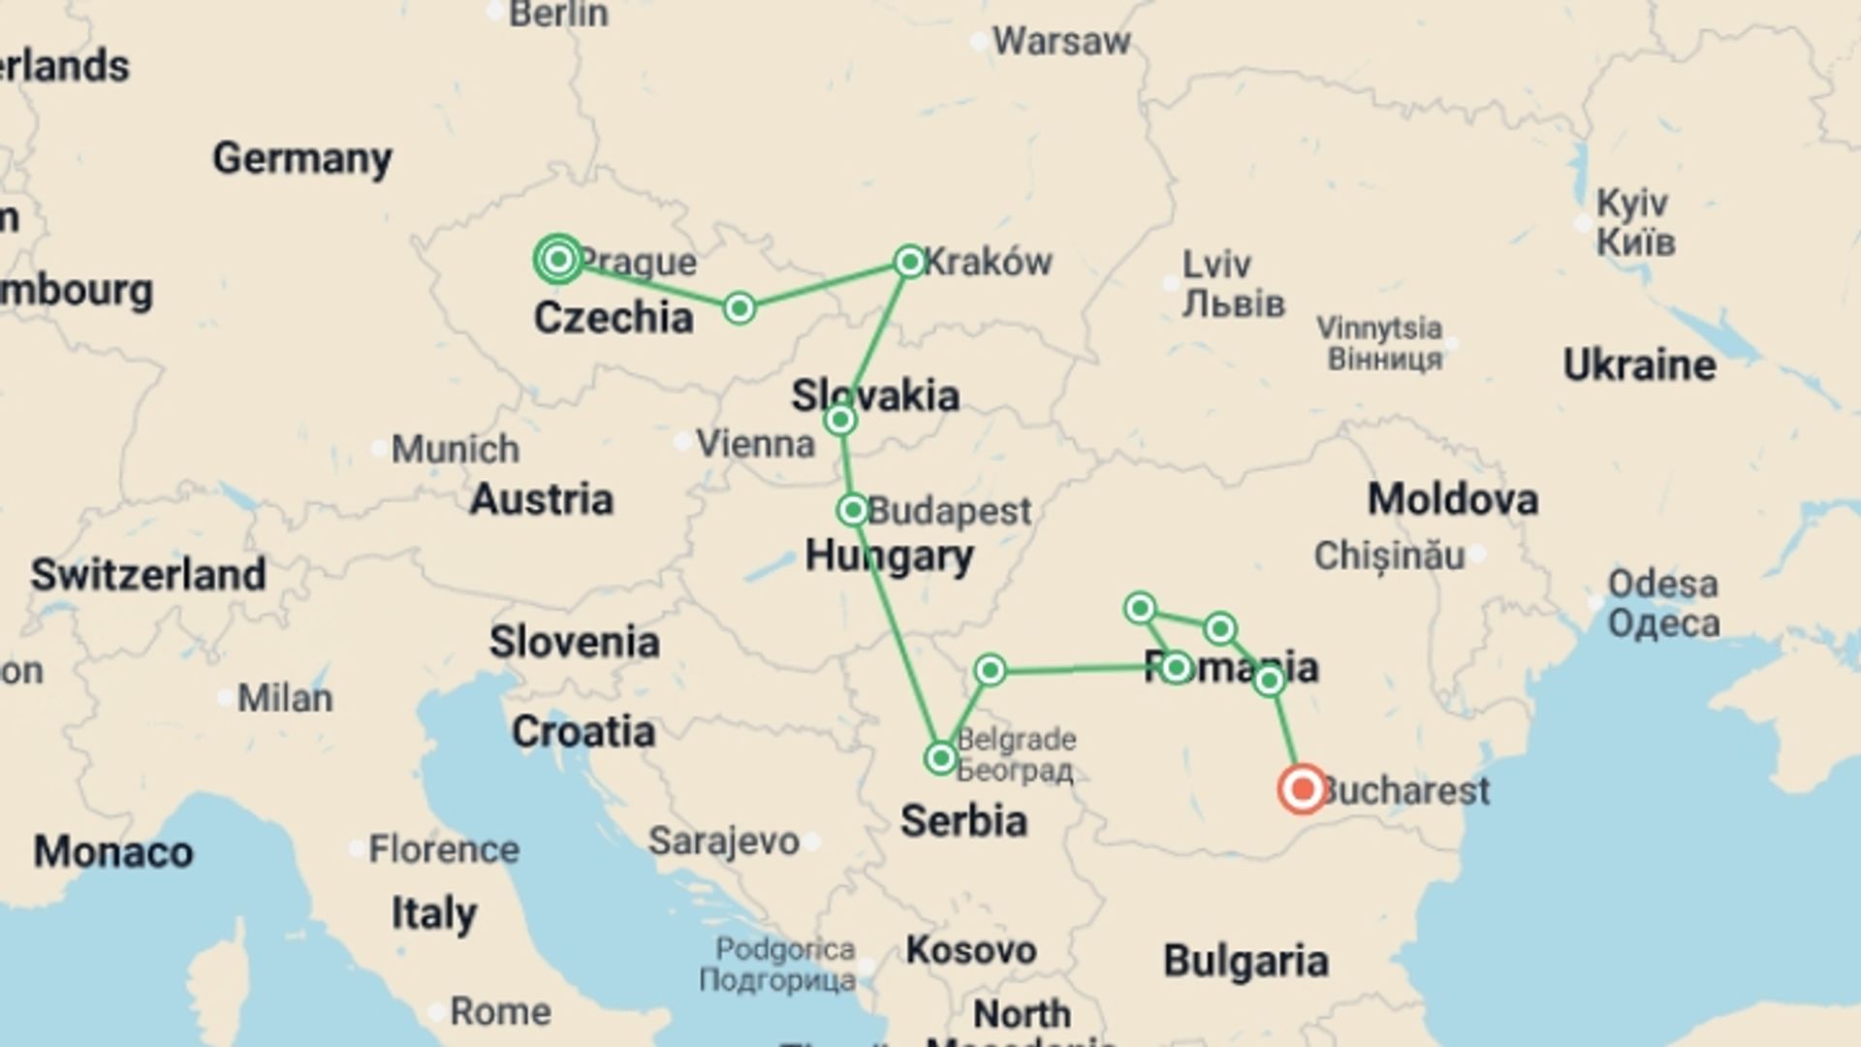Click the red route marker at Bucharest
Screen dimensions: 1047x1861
1302,789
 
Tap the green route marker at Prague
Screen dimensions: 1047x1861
558,259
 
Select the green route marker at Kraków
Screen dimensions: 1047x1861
910,262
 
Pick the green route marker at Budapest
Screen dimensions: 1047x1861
853,510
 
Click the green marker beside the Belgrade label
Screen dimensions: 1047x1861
940,757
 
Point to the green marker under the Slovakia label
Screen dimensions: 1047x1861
840,420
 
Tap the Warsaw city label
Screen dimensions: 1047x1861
1061,42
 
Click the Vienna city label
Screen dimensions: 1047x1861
755,444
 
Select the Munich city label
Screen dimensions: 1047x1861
456,449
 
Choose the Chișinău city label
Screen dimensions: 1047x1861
1389,555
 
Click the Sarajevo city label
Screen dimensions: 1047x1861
723,841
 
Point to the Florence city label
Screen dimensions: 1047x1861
444,849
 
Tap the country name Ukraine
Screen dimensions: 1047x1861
1639,365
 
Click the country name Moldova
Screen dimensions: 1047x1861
1452,499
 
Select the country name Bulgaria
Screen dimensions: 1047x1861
1246,961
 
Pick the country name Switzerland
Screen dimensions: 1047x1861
148,575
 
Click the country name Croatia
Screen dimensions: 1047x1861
584,732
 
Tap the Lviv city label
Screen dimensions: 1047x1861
1216,264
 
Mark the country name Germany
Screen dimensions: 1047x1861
302,158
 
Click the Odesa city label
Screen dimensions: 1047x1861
1663,585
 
